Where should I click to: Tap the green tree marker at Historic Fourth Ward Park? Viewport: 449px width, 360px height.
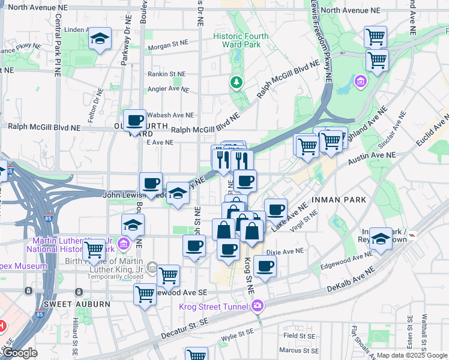[x=237, y=82]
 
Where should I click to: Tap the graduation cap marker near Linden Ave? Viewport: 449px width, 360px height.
[x=100, y=40]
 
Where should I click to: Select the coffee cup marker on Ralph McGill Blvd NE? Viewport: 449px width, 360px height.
[x=135, y=121]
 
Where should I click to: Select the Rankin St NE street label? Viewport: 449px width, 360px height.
[x=167, y=74]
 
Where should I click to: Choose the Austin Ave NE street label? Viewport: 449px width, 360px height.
[x=374, y=155]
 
